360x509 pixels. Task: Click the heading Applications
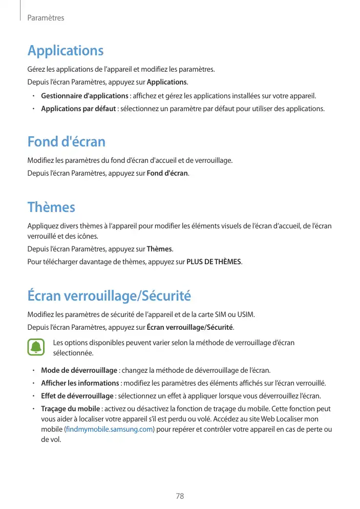click(x=66, y=51)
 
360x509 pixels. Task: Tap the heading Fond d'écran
click(x=67, y=141)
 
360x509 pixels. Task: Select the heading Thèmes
click(x=51, y=207)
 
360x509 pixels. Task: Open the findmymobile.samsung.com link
click(x=109, y=429)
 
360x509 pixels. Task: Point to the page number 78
click(x=180, y=496)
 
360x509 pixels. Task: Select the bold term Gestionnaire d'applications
click(x=84, y=96)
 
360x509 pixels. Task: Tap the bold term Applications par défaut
click(x=78, y=109)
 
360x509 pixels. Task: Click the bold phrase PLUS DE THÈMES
click(x=214, y=262)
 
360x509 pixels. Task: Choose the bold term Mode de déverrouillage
click(x=79, y=370)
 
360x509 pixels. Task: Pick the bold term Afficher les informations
click(x=80, y=383)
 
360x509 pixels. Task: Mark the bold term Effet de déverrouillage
click(x=77, y=396)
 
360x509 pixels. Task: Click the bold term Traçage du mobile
click(x=70, y=409)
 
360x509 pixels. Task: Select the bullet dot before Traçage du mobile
click(x=32, y=409)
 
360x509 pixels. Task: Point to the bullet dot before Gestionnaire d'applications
click(x=32, y=96)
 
